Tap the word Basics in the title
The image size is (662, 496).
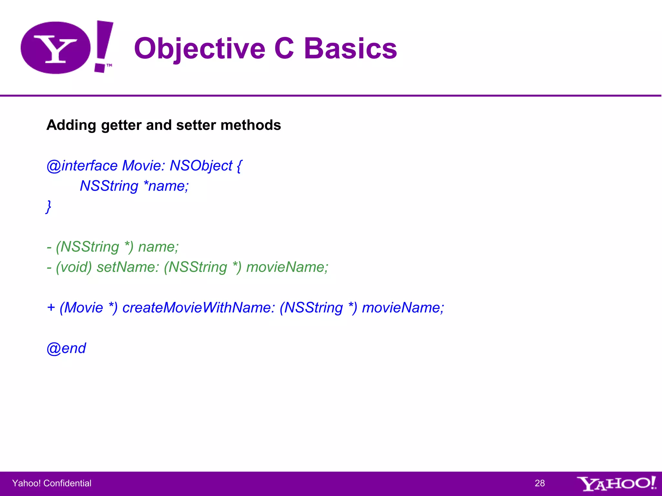point(350,49)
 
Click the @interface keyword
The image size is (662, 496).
point(82,166)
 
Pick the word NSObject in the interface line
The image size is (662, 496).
point(201,166)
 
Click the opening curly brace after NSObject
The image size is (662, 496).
point(239,166)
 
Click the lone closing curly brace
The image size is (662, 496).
point(48,207)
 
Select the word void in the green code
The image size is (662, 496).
point(74,267)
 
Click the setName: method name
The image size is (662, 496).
point(128,267)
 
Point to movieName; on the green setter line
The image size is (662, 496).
point(287,267)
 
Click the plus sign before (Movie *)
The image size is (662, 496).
point(51,308)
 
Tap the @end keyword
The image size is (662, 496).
point(66,348)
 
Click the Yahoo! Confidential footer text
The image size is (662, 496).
point(52,483)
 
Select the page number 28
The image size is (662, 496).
point(539,483)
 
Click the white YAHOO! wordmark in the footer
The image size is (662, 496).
point(616,483)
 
